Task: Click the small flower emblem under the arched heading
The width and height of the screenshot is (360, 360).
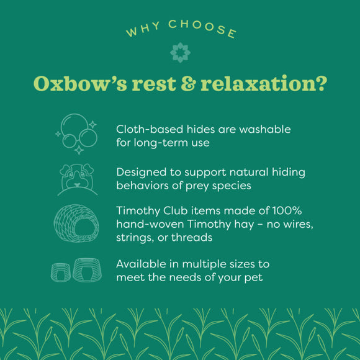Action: [x=180, y=52]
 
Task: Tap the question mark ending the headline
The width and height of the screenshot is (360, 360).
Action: [x=320, y=84]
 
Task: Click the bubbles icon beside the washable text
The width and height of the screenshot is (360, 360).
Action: [x=76, y=132]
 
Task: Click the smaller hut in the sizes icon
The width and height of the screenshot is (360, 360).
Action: [x=60, y=271]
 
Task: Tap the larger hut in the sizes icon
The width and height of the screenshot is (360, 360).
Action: [x=87, y=269]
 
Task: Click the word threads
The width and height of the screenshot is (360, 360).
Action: [x=194, y=238]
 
